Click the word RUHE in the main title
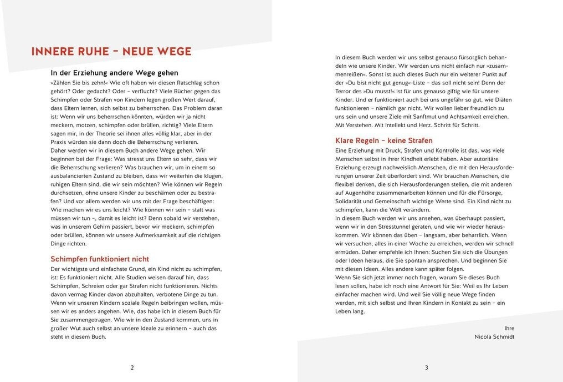[88, 52]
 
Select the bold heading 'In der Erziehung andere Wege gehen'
[114, 73]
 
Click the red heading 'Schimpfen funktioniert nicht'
[100, 259]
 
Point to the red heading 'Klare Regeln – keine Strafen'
[384, 140]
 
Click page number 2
[132, 367]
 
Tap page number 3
[426, 367]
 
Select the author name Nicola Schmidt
[494, 336]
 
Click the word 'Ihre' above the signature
[509, 328]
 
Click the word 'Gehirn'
[110, 227]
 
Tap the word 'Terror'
[345, 91]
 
